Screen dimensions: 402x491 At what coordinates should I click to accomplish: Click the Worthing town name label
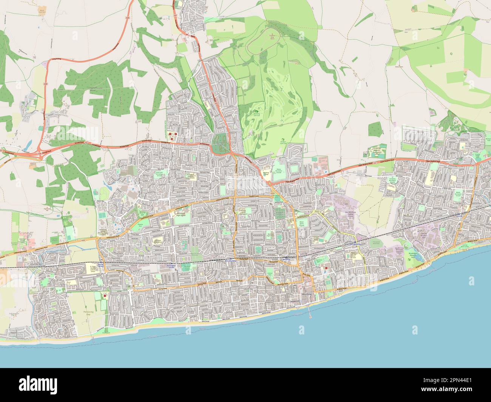[306, 294]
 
